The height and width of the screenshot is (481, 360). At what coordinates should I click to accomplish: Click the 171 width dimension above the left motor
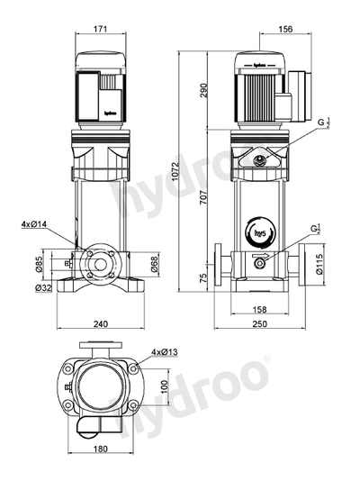(100, 30)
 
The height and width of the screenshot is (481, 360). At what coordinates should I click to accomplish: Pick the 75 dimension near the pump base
(203, 278)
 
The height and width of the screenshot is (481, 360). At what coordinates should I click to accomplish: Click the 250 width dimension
(261, 324)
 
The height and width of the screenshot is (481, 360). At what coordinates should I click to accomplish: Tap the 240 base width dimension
(100, 324)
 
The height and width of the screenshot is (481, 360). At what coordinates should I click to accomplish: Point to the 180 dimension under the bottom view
(100, 449)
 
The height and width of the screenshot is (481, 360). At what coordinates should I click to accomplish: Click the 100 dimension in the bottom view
(164, 385)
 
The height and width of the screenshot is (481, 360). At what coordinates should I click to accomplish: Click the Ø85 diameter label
(40, 265)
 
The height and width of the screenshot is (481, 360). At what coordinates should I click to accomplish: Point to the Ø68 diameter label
(154, 263)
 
